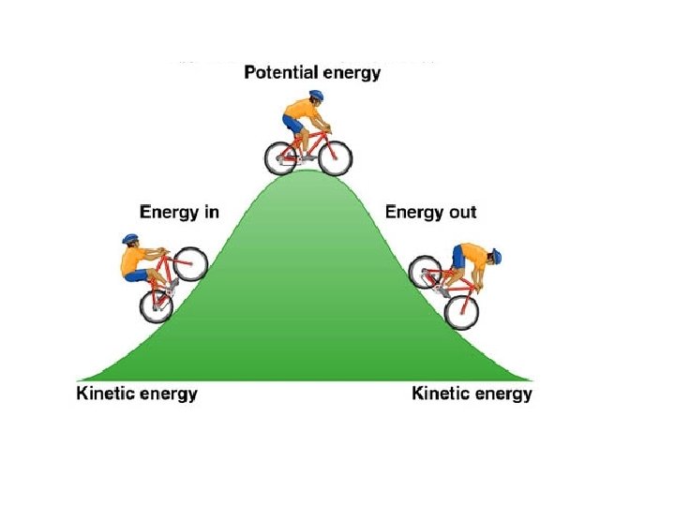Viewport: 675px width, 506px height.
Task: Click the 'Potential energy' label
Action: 312,72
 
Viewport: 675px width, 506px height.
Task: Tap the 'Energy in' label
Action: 179,212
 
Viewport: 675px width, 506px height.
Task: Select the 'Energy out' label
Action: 431,212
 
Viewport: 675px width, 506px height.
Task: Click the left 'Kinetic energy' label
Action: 137,394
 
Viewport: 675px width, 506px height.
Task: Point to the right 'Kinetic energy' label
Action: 472,394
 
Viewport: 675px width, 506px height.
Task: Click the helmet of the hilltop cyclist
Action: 316,97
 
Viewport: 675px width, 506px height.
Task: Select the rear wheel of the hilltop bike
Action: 281,157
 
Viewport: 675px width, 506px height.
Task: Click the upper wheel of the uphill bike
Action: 190,263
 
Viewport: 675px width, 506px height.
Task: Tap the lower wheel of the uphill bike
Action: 157,303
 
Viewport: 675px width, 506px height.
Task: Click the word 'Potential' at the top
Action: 278,72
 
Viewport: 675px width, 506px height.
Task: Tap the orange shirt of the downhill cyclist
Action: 471,257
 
